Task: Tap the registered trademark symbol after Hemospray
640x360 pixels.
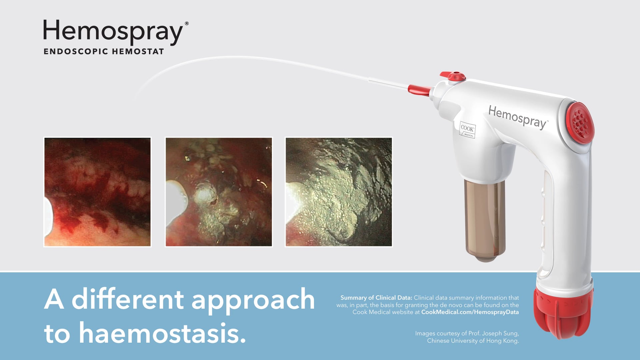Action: (187, 24)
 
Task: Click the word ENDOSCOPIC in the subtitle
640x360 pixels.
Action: (76, 52)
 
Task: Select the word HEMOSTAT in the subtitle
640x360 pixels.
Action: (138, 52)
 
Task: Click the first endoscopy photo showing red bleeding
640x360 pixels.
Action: (97, 192)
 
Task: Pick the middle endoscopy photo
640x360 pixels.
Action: (219, 192)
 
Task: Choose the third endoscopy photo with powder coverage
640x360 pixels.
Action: (339, 192)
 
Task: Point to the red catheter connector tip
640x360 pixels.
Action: (419, 89)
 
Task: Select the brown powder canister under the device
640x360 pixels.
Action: (485, 220)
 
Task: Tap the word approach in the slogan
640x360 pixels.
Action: (253, 299)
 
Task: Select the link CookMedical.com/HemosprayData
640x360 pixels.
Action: (470, 312)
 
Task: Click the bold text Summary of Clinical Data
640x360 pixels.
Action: (376, 298)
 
